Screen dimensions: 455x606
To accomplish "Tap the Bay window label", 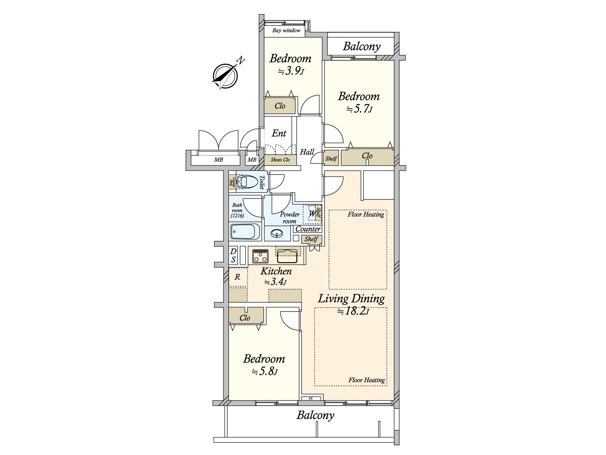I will coord(286,30).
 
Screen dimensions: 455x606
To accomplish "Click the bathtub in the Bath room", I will coord(245,231).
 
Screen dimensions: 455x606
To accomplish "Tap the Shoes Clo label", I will coord(280,160).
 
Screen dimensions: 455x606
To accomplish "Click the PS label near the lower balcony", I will coord(310,399).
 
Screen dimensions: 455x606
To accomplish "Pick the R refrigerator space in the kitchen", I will coord(237,277).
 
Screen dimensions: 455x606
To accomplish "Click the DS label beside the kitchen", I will coord(233,255).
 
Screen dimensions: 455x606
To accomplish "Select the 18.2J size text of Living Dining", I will coord(353,312).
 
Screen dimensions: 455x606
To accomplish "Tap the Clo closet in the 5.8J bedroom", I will coord(245,318).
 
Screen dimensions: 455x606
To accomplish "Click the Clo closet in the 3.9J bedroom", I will coord(280,106).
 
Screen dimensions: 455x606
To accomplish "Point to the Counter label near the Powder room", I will coord(308,229).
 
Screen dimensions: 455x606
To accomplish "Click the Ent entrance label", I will coord(279,133).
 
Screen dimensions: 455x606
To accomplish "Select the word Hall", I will coord(307,152).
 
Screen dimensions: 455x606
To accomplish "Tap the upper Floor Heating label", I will coord(365,215).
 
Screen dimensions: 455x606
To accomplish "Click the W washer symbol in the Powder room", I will coord(312,214).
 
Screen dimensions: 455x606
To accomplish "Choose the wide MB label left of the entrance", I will coord(219,160).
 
